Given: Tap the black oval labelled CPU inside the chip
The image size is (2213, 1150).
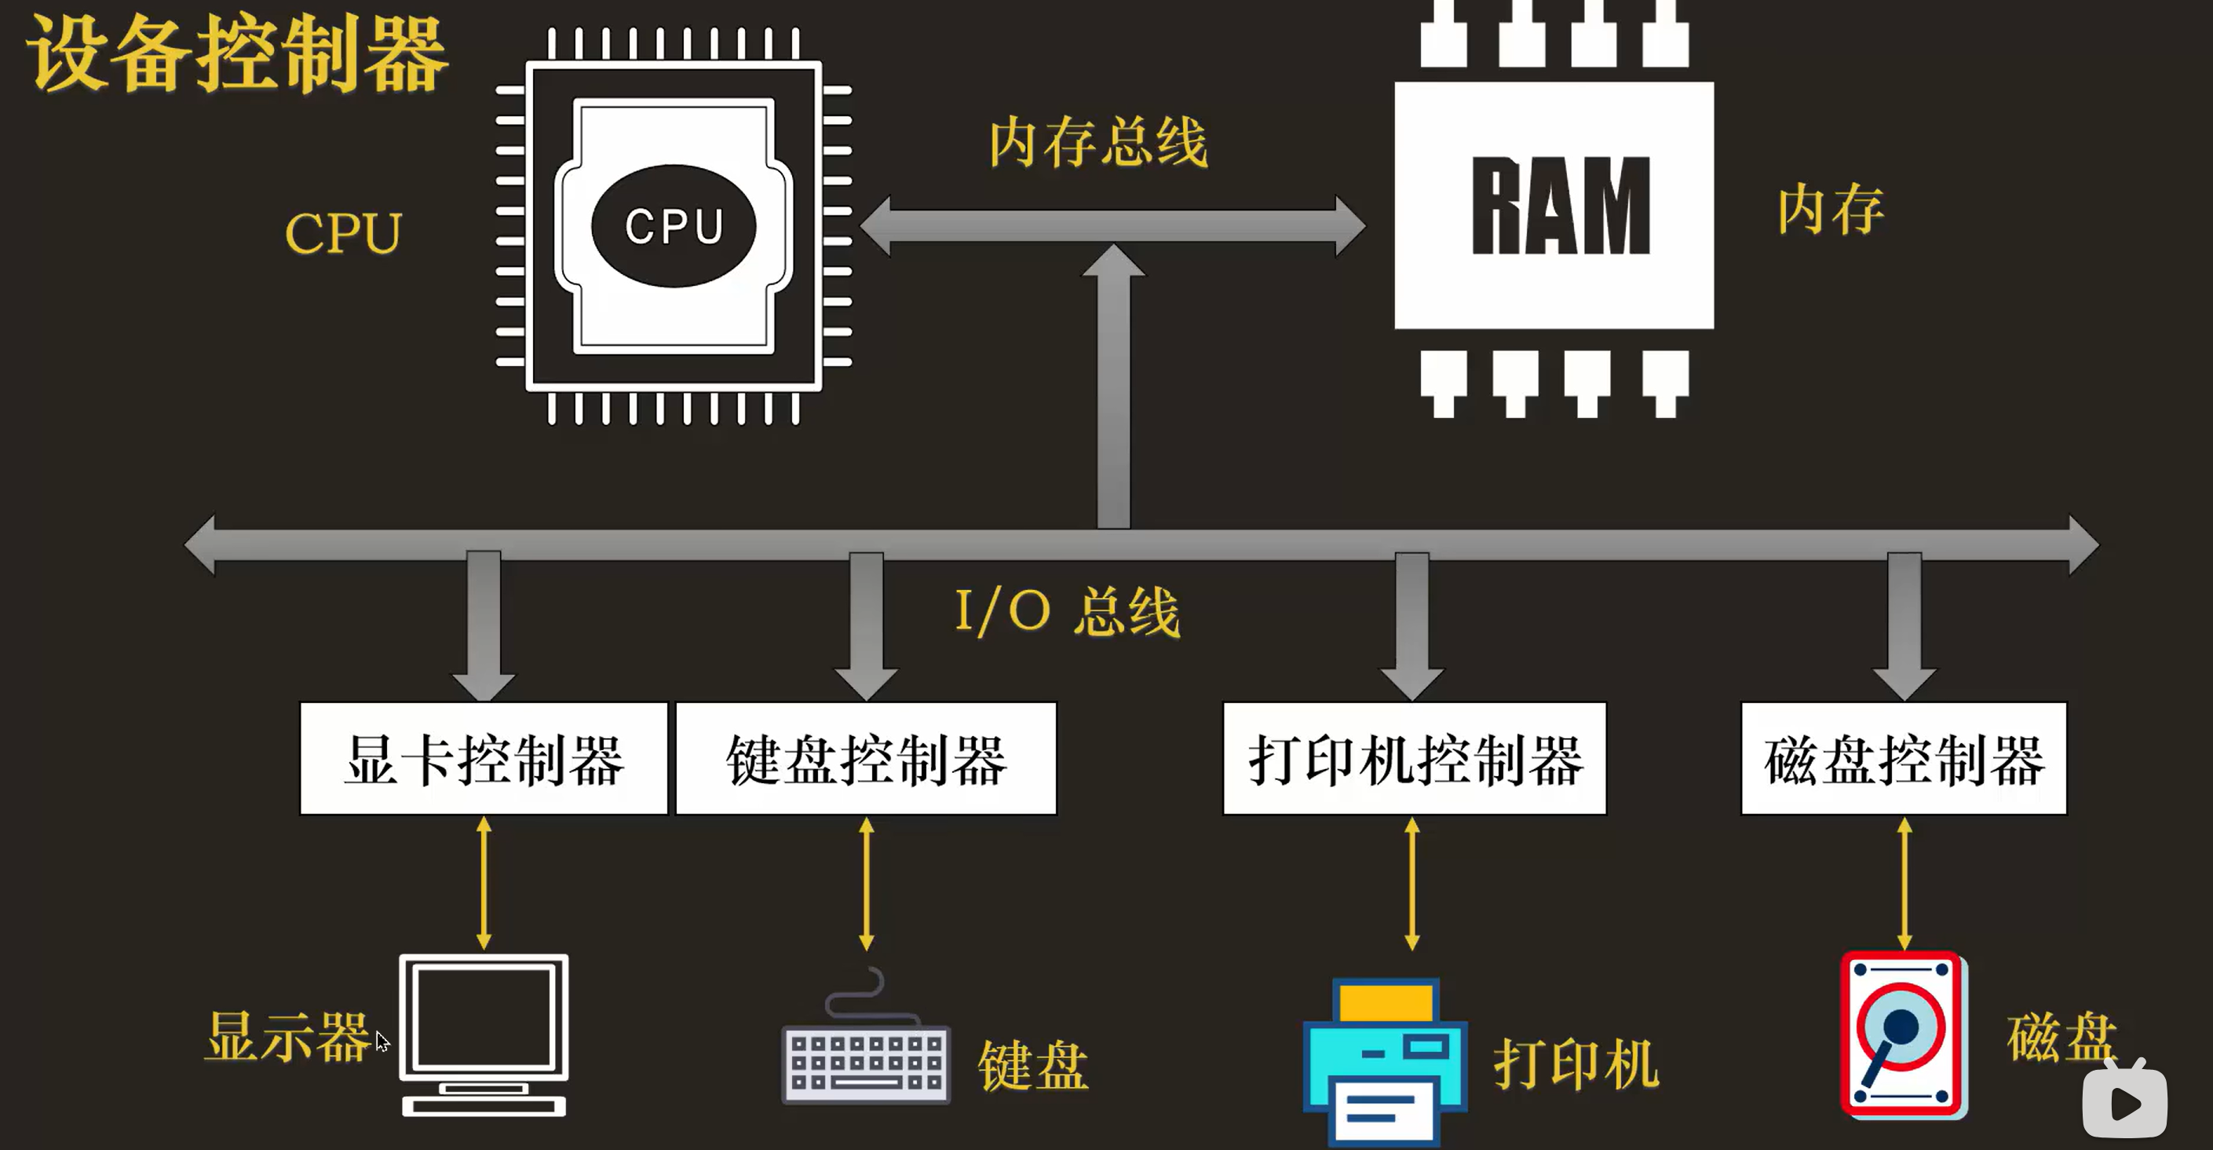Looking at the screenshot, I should tap(674, 226).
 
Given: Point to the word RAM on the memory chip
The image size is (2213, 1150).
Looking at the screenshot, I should tap(1560, 207).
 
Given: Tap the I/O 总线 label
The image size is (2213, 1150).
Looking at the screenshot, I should tap(1068, 611).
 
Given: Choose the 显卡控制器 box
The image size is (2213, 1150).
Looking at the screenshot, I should tap(484, 759).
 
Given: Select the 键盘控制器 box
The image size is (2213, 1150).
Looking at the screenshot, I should tap(866, 759).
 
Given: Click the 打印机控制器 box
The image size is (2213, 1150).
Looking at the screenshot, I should tap(1414, 759).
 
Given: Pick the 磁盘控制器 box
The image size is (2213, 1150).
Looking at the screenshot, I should tap(1904, 759).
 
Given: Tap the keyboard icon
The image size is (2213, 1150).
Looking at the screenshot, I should tap(866, 1062).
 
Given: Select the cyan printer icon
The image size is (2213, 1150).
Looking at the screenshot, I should tap(1385, 1062).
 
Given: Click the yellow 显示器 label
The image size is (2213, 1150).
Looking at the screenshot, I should tap(288, 1037).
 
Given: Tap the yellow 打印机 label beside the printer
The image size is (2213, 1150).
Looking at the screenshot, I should tap(1576, 1064).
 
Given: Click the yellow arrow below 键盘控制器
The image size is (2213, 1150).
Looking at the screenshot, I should tap(866, 884).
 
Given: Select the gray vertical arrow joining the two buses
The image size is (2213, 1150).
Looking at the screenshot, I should tap(1113, 386).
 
